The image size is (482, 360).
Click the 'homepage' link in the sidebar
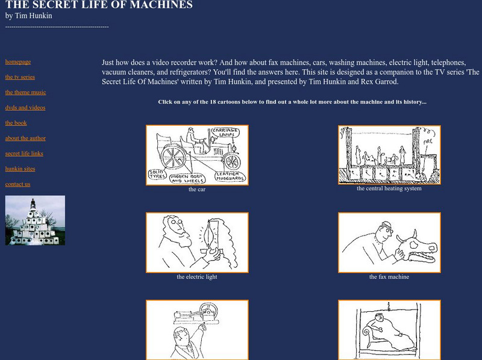pos(18,61)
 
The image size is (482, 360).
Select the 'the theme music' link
pos(25,92)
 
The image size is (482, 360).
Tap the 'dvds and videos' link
pos(25,108)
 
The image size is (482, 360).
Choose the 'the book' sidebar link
pos(16,123)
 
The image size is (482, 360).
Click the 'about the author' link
pos(25,138)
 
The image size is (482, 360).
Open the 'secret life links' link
pos(24,154)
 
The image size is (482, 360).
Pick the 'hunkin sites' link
pos(20,169)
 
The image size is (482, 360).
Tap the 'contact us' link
pos(17,184)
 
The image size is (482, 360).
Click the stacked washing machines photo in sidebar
pos(35,220)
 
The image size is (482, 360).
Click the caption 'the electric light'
pos(197,277)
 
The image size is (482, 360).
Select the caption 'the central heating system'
pos(389,188)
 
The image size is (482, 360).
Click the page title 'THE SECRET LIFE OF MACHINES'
pos(99,5)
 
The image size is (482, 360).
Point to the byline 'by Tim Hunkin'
pos(28,16)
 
